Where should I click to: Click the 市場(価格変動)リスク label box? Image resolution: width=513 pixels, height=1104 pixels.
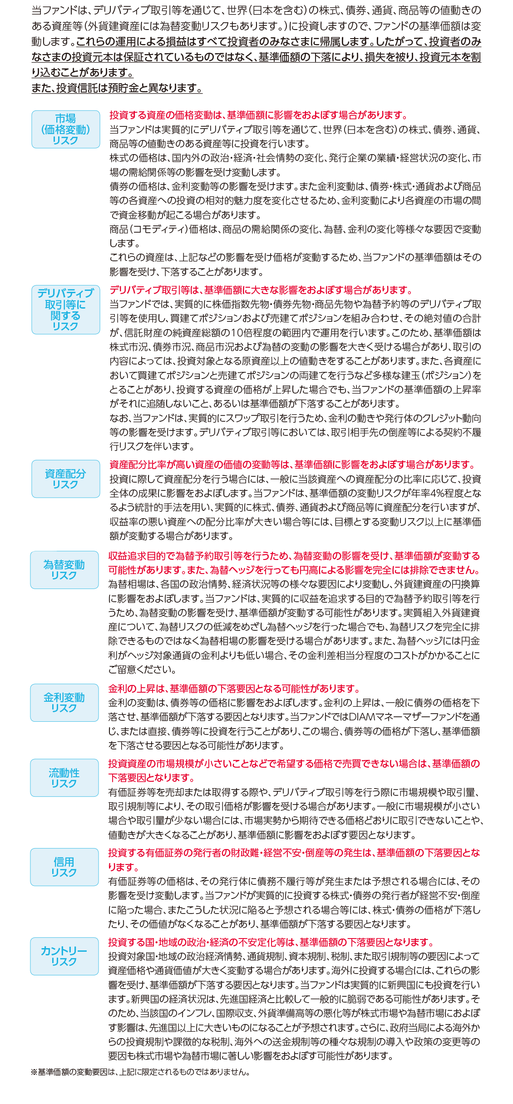[x=66, y=130]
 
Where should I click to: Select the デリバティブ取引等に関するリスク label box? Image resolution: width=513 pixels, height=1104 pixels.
[x=66, y=310]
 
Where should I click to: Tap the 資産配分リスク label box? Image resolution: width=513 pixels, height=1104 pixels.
[x=66, y=479]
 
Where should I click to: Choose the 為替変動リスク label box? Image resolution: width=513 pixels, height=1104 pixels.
[x=64, y=570]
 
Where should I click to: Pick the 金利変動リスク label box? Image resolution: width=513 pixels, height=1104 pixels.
[x=64, y=703]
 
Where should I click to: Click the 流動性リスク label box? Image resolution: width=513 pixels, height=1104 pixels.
[x=64, y=778]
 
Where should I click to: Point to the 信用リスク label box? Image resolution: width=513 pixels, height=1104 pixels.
[x=64, y=867]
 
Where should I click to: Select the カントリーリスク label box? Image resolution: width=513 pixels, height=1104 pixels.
[x=64, y=956]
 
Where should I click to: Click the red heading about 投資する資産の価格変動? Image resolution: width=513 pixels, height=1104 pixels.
[x=259, y=115]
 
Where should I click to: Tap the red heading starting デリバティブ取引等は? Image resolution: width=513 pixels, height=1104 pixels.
[x=262, y=290]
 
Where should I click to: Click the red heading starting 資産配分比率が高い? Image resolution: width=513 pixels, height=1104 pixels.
[x=293, y=465]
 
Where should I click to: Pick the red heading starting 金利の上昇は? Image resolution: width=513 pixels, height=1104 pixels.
[x=235, y=689]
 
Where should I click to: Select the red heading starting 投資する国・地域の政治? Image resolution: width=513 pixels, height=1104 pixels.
[x=271, y=942]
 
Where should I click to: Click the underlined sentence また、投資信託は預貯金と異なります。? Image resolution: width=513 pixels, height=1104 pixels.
[x=117, y=88]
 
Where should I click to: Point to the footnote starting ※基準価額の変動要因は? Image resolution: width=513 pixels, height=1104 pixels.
[x=140, y=1072]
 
